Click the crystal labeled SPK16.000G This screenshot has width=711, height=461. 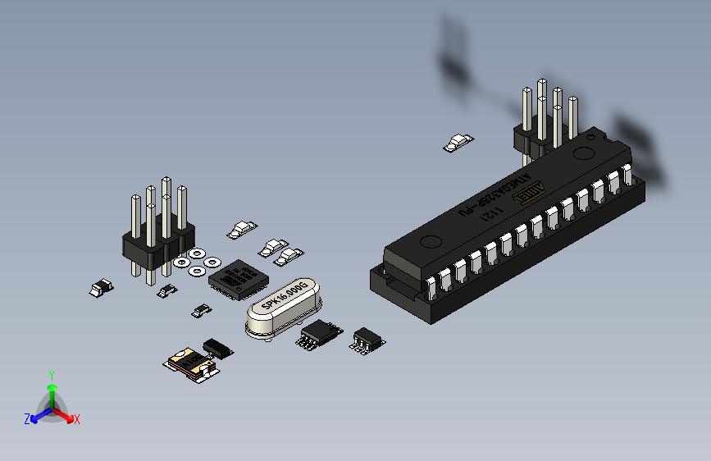pos(282,303)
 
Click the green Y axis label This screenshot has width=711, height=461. pos(51,374)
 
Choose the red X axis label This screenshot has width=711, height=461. pos(76,419)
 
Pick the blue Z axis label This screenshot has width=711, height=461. pos(27,418)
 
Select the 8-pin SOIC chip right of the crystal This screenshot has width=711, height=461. pos(320,333)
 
